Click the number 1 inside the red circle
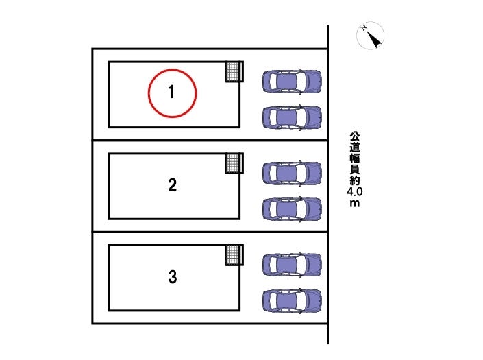(x=171, y=92)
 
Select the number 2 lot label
(x=173, y=185)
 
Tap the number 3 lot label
(x=173, y=276)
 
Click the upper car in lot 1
(x=292, y=82)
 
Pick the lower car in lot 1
(x=292, y=117)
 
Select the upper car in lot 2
(x=292, y=173)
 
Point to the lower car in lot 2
(x=292, y=209)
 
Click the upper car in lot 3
(x=292, y=265)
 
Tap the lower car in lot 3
(x=292, y=301)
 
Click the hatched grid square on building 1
(x=234, y=71)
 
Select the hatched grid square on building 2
(x=234, y=163)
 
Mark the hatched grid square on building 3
(x=234, y=255)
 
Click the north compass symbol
(x=370, y=36)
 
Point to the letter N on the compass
(x=364, y=28)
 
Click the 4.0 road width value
(x=355, y=192)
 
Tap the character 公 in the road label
(x=355, y=137)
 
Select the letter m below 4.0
(x=355, y=204)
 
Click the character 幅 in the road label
(x=355, y=158)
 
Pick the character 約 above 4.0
(x=355, y=180)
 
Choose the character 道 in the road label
(x=355, y=147)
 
